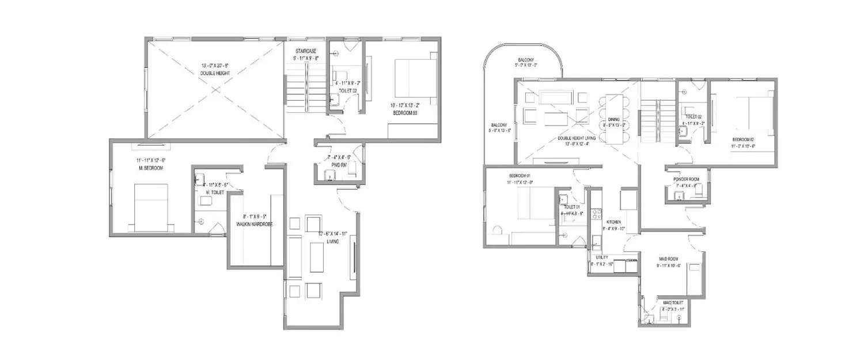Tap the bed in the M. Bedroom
pos(151,207)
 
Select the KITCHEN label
pos(613,222)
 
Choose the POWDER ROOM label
pos(686,179)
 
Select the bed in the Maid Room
pos(695,279)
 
